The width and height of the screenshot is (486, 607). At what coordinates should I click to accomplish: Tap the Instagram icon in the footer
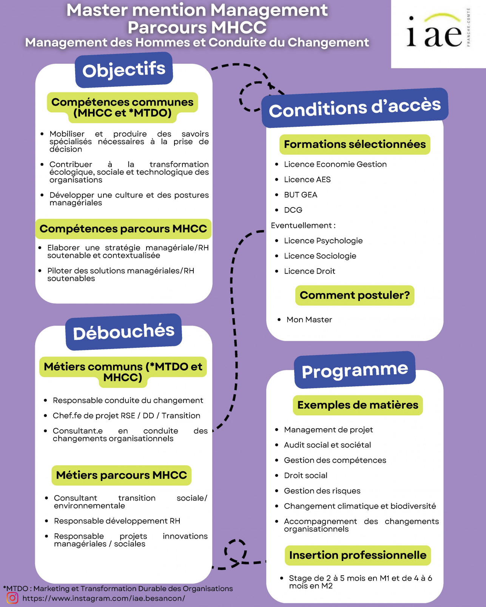point(12,598)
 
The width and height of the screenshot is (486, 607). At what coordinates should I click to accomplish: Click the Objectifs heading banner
point(124,70)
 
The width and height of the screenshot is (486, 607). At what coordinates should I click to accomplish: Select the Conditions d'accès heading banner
point(355,108)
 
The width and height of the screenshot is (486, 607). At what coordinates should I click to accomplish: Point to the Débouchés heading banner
point(123,332)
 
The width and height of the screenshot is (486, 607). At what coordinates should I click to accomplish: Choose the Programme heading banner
point(355,370)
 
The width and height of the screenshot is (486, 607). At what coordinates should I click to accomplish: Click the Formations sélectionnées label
point(355,144)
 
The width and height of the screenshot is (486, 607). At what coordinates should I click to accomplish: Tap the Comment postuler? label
point(355,295)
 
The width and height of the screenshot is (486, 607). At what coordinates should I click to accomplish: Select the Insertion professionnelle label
point(358,555)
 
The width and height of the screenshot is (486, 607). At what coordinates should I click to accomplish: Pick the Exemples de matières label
point(358,405)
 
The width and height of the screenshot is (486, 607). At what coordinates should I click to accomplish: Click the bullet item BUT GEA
point(301,195)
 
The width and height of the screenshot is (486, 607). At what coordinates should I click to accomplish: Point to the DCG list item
point(293,210)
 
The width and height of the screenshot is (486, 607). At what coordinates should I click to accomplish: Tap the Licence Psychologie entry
point(323,241)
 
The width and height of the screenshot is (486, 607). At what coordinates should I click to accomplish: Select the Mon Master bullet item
point(309,320)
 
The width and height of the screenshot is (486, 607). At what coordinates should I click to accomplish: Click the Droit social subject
point(305,475)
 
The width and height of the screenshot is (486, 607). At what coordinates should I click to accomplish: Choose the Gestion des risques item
point(322,491)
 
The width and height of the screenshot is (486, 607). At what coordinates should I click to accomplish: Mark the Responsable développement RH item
point(117,521)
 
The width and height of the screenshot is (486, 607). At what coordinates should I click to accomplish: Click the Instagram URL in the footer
point(103,598)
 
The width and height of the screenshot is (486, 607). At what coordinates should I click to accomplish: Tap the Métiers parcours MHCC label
point(121,475)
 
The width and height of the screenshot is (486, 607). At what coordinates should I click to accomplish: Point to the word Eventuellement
point(301,226)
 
